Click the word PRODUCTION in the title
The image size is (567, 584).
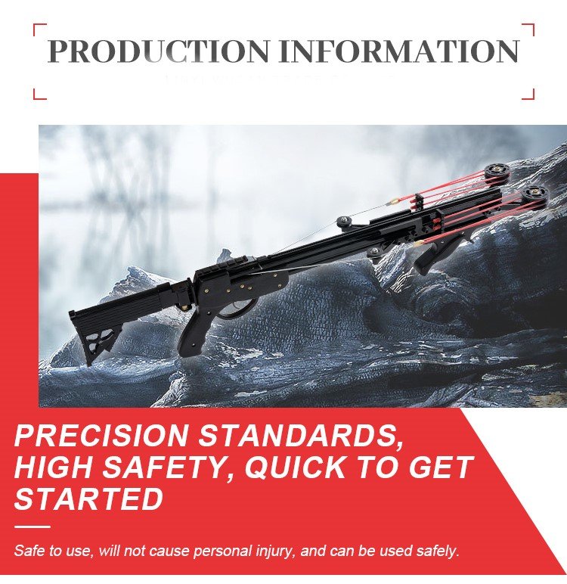pos(158,50)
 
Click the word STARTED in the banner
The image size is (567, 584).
pos(88,499)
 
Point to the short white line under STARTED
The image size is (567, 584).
pos(32,527)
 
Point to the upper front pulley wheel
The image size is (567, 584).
pos(497,172)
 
